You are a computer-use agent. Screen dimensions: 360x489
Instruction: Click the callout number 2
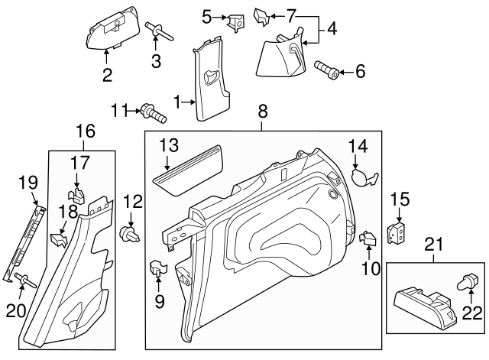point(107,74)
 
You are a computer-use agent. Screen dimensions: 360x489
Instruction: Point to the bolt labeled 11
point(153,113)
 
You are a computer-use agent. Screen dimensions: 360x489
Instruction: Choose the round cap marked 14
point(361,176)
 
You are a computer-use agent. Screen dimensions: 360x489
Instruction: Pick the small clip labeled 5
point(234,21)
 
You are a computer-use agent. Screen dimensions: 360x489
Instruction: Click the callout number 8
point(263,112)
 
